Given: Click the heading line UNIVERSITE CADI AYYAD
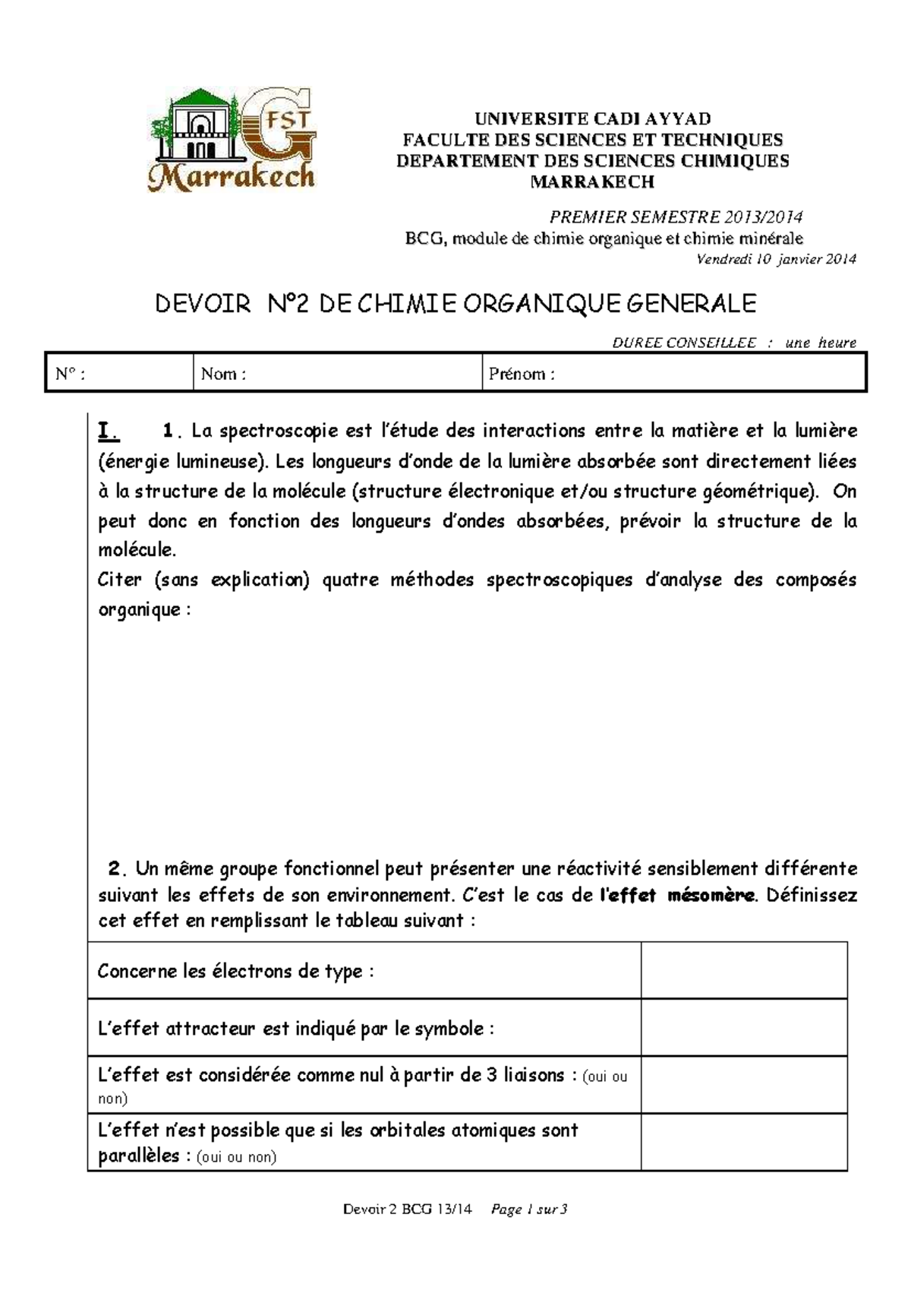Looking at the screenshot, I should [592, 119].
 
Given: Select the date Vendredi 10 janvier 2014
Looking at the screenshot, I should [776, 259].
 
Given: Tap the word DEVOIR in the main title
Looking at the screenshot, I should [203, 304].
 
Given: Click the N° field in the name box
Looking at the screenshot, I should [119, 373].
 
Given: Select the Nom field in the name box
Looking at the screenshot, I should [337, 373].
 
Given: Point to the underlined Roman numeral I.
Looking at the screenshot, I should [108, 432].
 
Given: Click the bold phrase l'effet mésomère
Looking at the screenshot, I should [677, 895].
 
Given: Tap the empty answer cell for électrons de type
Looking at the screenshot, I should [743, 970].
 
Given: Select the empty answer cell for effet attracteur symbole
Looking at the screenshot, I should [743, 1027].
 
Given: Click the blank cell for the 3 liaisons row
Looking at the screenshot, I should [743, 1085].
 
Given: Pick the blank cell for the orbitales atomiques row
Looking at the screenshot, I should [743, 1142].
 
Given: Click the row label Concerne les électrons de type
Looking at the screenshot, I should [235, 971].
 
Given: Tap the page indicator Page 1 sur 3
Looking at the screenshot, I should [529, 1209].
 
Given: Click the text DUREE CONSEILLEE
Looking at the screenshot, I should [684, 343].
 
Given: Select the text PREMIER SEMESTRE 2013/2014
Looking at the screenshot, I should [676, 217].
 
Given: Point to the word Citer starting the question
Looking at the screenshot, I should [120, 580].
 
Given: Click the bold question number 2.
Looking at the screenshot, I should [115, 868].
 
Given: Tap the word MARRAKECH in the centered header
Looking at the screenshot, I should [591, 182].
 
